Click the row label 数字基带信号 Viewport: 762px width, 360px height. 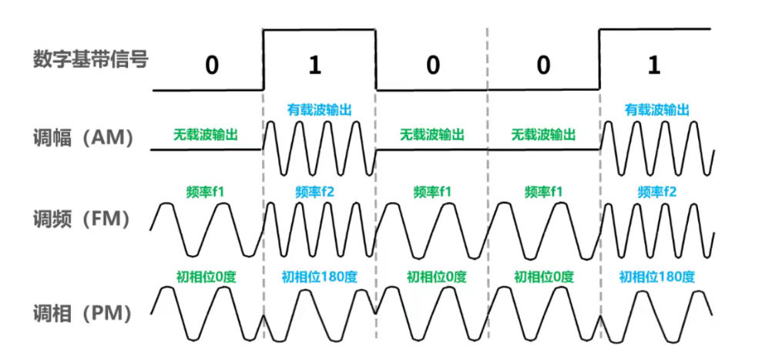point(90,59)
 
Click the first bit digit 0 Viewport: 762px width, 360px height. point(211,66)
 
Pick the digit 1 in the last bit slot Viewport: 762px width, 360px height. point(654,66)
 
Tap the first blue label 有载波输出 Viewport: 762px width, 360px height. point(319,110)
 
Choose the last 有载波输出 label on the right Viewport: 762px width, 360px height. point(656,110)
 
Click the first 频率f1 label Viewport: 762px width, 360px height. point(205,190)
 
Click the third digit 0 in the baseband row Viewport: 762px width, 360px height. point(543,66)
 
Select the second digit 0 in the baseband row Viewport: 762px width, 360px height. point(432,66)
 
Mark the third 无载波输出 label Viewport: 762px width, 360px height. point(543,134)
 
